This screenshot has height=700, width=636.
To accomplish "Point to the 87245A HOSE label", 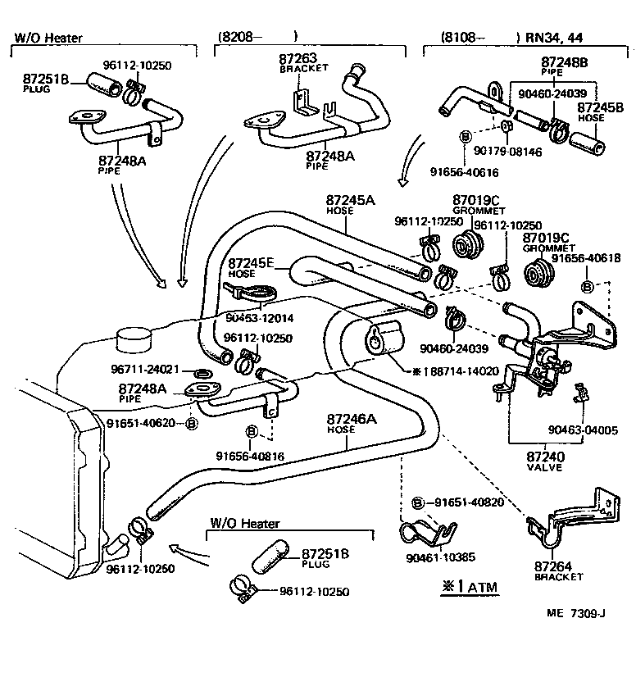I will [x=350, y=204].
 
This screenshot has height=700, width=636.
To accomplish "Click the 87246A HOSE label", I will [x=352, y=423].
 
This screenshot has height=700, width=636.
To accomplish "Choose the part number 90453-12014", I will [x=259, y=317].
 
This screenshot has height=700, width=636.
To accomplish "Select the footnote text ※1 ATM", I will [x=462, y=587].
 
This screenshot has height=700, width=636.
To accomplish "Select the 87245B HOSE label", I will [x=599, y=111].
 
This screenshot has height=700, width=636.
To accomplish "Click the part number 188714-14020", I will [x=460, y=370].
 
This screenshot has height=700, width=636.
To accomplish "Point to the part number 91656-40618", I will [x=585, y=258].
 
